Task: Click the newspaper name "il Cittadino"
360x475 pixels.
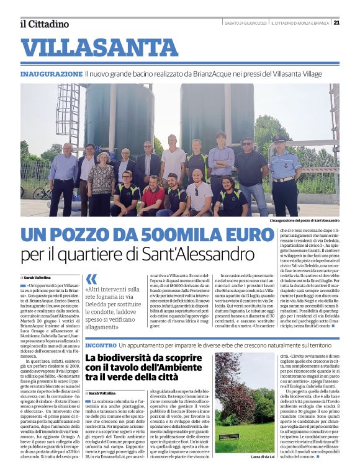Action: (43, 24)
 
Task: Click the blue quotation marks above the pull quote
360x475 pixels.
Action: (92, 279)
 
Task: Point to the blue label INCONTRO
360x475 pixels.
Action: (100, 344)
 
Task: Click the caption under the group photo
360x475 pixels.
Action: (304, 221)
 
